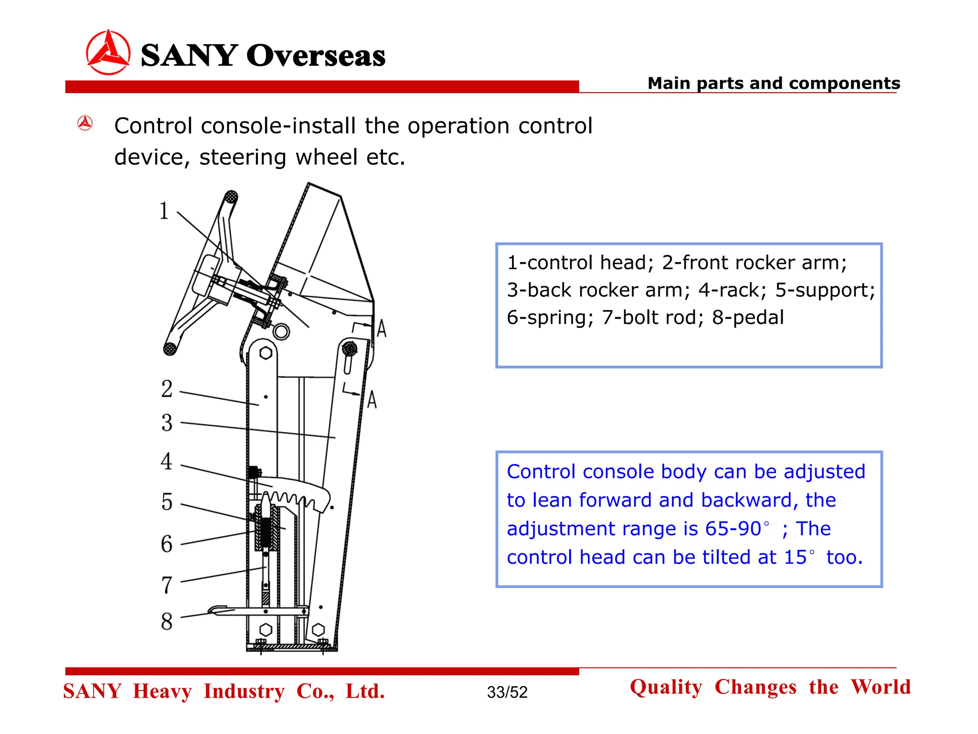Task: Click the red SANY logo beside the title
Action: pos(108,52)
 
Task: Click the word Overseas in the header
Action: pos(316,55)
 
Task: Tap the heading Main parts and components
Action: pos(774,83)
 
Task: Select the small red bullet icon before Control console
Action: pos(85,123)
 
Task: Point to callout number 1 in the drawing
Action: pos(164,211)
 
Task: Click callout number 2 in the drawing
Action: pos(167,389)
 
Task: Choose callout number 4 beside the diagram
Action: pos(166,461)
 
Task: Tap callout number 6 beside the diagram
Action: pos(167,544)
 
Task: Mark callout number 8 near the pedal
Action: pos(167,621)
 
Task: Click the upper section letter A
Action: pos(382,329)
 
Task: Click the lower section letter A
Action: pos(372,399)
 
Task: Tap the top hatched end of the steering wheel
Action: pos(231,197)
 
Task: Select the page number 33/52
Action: pos(507,692)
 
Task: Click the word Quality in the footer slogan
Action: pos(666,687)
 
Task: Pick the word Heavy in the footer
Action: pos(162,691)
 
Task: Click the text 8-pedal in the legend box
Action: pos(748,317)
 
